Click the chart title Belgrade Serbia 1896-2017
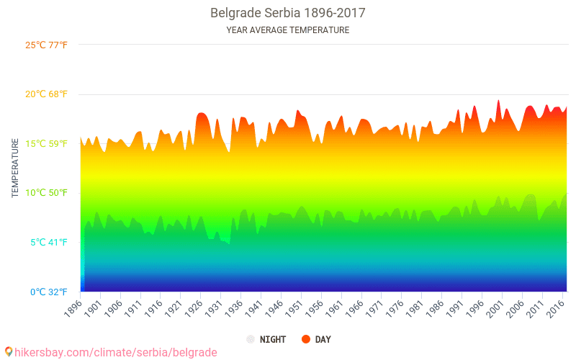[287, 13]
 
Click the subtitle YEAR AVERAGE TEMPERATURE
[287, 30]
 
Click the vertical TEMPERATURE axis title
[15, 168]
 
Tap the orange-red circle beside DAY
[306, 339]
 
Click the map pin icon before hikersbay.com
[8, 351]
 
